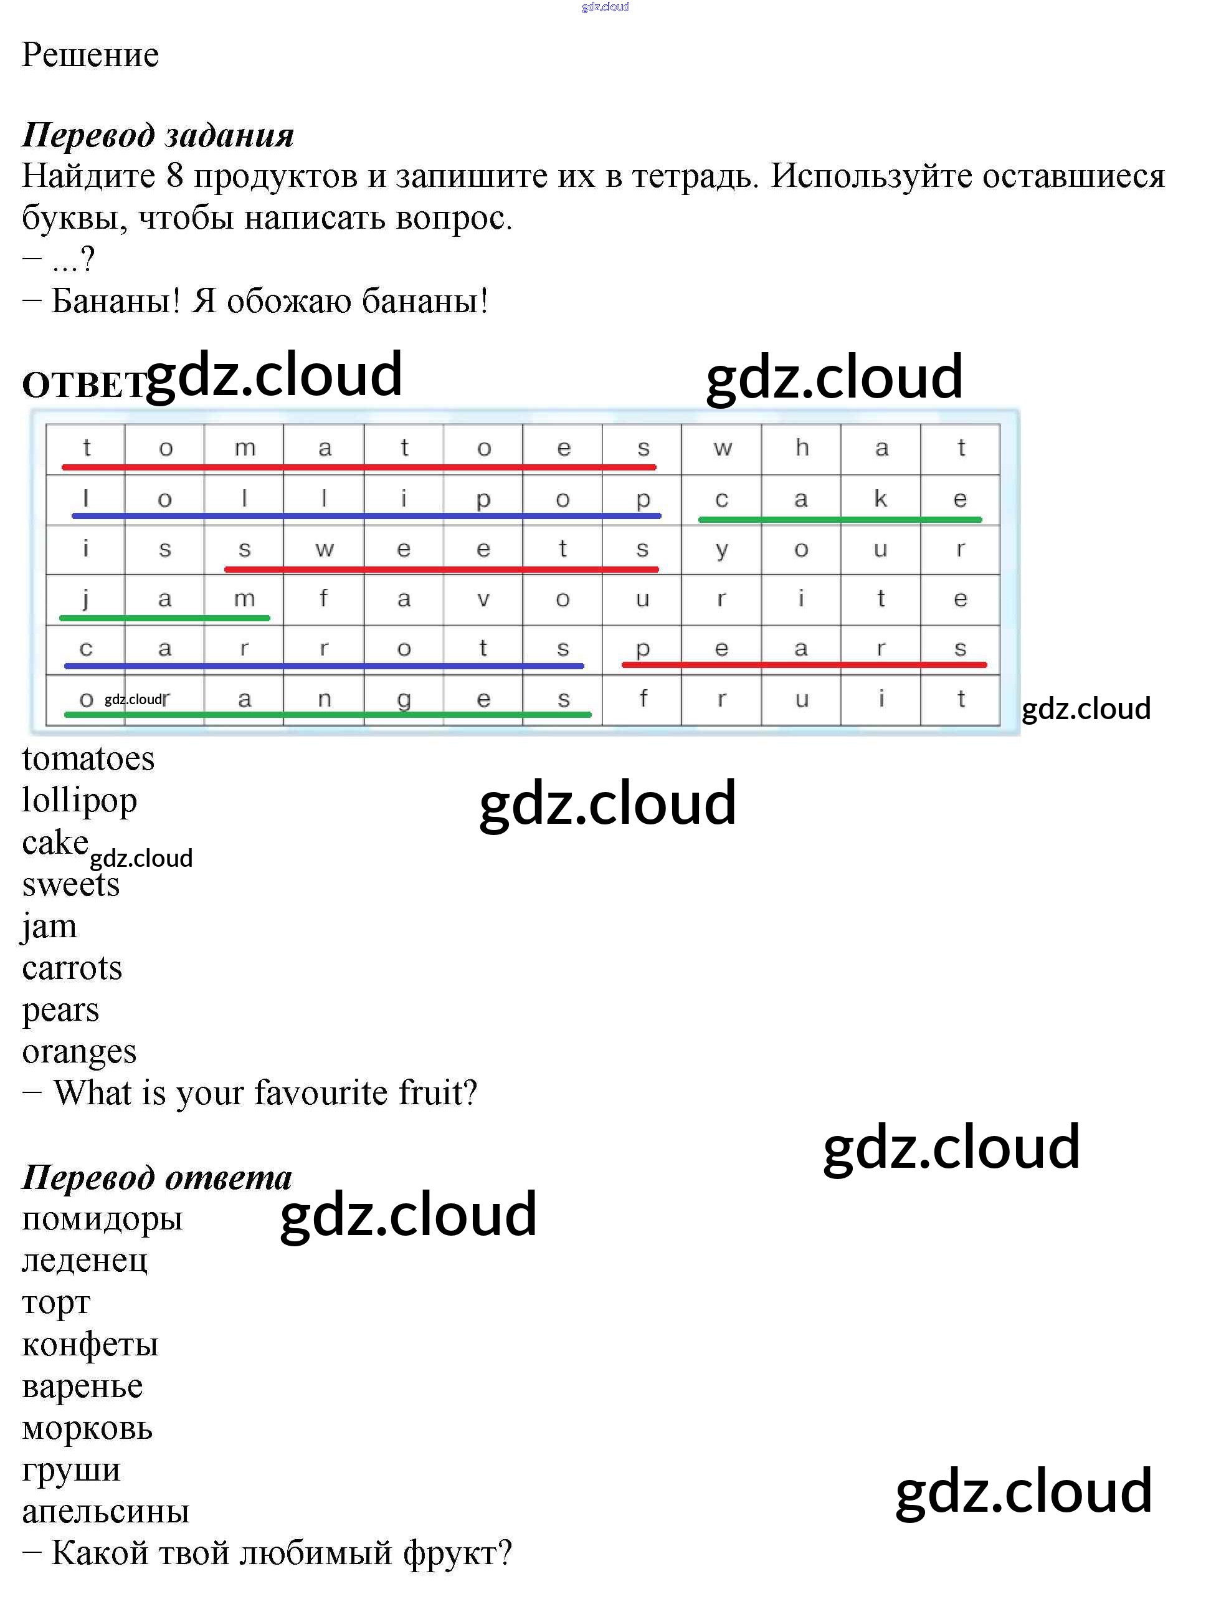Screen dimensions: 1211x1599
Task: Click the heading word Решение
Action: point(90,55)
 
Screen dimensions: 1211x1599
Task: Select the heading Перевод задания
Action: point(158,136)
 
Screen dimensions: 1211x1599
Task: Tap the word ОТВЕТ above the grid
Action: point(85,384)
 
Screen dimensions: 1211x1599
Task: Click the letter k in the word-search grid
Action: point(880,498)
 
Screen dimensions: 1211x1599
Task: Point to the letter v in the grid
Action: point(483,599)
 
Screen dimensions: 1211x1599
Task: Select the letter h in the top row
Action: point(801,447)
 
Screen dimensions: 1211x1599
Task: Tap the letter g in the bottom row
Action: point(404,700)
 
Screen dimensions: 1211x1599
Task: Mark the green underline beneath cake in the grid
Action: point(840,519)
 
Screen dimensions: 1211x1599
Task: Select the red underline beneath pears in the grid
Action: point(804,664)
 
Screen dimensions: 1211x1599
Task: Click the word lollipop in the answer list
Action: point(80,801)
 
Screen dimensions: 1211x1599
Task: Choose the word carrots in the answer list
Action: point(72,968)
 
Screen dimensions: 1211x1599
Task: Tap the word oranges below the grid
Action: point(80,1052)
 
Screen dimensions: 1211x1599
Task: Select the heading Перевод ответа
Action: point(157,1178)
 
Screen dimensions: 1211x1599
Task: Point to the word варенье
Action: point(82,1387)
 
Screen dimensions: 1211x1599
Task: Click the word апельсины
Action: point(105,1512)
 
